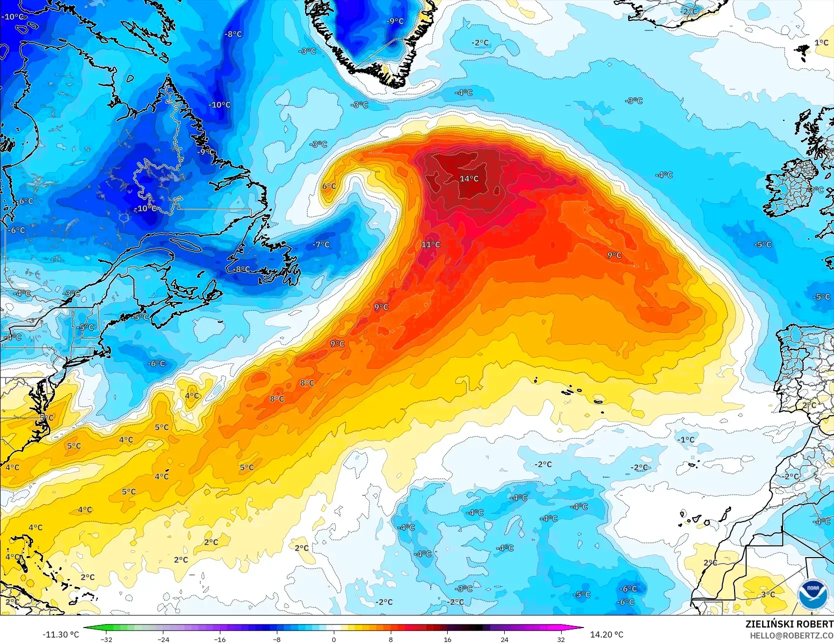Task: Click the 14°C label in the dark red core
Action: pos(469,179)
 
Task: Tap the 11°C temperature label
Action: pos(430,244)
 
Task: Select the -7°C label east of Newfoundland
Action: pos(321,244)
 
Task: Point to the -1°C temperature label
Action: pos(686,440)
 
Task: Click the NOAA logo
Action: pos(812,594)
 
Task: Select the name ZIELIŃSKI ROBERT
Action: pos(789,624)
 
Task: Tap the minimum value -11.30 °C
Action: pos(60,635)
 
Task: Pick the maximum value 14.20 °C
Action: pos(607,635)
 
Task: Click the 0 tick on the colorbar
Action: pos(334,639)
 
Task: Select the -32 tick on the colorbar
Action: pos(106,639)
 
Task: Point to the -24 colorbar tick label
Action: pos(163,639)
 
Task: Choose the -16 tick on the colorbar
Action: pos(220,639)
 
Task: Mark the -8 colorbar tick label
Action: pos(277,639)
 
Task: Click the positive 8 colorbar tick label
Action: pos(391,639)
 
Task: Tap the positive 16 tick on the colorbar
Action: pos(447,639)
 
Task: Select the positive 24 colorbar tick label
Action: pos(504,639)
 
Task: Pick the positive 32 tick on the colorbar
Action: pos(561,639)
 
